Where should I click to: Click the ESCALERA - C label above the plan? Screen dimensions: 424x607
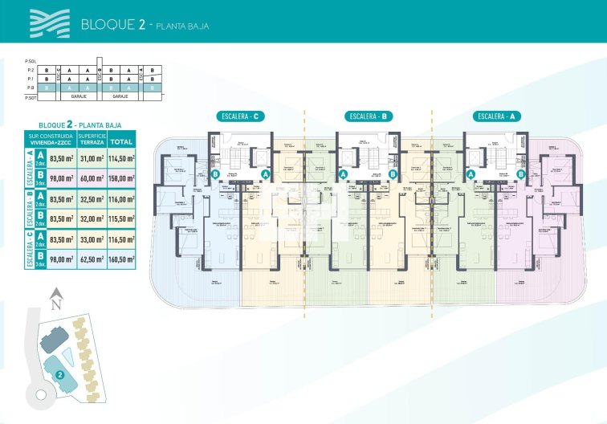240,116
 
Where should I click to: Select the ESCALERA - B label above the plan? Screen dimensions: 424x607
369,116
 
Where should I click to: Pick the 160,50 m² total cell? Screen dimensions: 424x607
121,259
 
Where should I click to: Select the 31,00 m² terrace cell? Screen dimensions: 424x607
92,159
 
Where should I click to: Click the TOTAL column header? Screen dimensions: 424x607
121,141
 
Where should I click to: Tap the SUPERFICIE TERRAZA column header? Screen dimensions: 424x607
92,141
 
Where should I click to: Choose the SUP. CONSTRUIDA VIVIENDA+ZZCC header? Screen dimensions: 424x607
56,141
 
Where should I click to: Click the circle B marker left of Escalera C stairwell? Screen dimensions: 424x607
215,173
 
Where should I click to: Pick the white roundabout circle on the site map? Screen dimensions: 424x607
40,394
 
